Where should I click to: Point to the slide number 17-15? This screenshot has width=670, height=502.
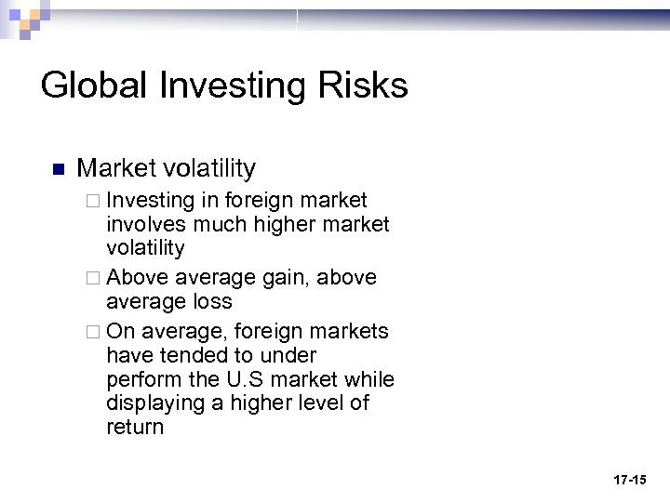pyautogui.click(x=629, y=480)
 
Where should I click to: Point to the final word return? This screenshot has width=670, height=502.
pyautogui.click(x=135, y=428)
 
